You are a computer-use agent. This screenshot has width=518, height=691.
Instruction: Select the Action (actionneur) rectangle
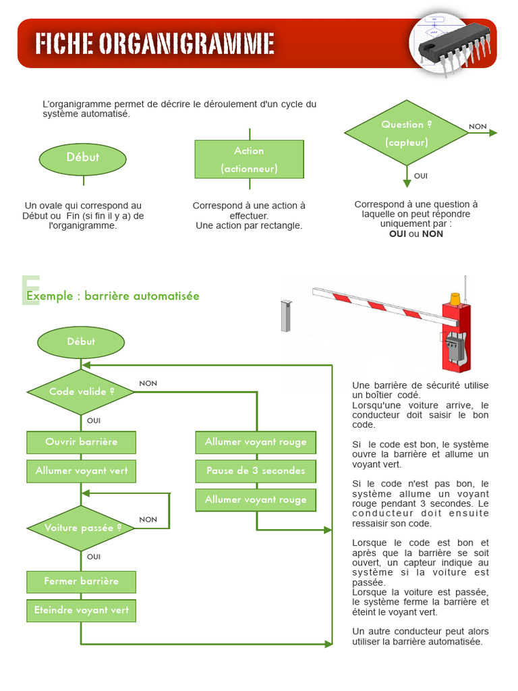click(x=249, y=159)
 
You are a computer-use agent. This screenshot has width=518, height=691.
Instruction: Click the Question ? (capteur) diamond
click(x=407, y=133)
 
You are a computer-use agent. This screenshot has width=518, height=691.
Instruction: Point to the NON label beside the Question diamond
click(x=478, y=126)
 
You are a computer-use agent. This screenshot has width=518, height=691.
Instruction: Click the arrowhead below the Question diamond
click(x=407, y=183)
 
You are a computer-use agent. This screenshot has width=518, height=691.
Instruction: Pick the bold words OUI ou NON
click(x=416, y=233)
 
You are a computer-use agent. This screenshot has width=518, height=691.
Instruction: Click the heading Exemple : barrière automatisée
click(x=113, y=296)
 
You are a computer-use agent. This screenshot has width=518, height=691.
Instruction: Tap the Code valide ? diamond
click(x=81, y=391)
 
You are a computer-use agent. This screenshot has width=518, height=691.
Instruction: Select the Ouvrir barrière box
click(x=81, y=442)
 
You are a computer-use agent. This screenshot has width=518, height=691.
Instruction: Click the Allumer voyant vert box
click(x=81, y=470)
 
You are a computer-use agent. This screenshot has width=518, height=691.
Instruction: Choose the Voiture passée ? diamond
click(x=81, y=528)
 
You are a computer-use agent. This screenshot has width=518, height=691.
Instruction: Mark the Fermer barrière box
click(x=81, y=581)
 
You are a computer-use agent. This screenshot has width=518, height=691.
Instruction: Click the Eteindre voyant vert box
click(x=81, y=610)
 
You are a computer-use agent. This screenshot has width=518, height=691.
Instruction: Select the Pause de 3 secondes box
click(x=256, y=470)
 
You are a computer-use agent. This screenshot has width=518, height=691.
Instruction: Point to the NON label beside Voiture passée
click(x=148, y=519)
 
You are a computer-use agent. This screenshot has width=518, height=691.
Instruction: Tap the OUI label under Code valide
click(x=94, y=420)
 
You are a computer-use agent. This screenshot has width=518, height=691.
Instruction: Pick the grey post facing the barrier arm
click(x=285, y=315)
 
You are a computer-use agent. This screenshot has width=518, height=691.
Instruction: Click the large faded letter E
click(x=30, y=291)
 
